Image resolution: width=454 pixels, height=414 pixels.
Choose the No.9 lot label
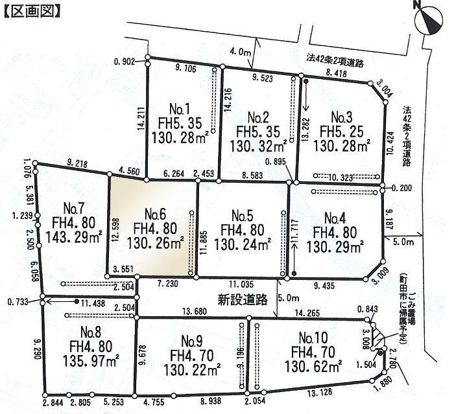193,341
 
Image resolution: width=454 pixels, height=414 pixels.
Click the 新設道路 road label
243,299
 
